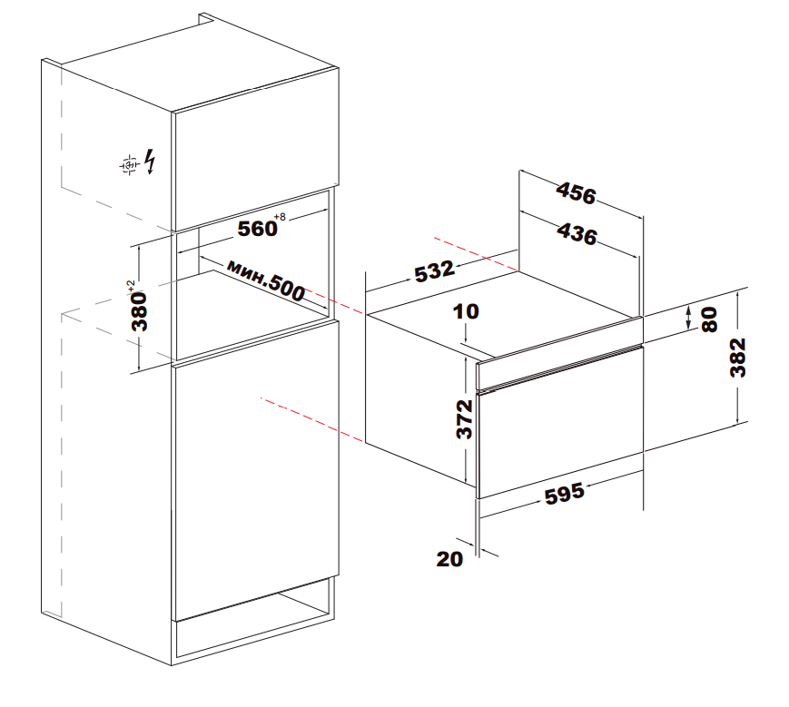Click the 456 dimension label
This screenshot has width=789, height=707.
577,193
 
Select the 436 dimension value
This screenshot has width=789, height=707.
577,234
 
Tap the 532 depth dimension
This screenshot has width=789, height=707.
435,271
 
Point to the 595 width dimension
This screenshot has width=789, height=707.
565,494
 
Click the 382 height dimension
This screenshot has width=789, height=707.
737,358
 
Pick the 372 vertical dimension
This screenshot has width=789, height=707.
465,419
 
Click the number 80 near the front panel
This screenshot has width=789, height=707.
709,319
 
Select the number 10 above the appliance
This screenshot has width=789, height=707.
466,312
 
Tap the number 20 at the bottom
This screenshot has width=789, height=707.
449,559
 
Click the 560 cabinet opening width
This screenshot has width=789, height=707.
257,229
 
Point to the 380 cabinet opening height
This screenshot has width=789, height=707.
140,311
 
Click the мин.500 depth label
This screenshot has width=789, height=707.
266,280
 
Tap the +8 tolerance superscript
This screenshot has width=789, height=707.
280,217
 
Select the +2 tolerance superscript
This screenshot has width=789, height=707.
131,287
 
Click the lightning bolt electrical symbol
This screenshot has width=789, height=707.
150,162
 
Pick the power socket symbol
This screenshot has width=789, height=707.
129,164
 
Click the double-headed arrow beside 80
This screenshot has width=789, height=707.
689,318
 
